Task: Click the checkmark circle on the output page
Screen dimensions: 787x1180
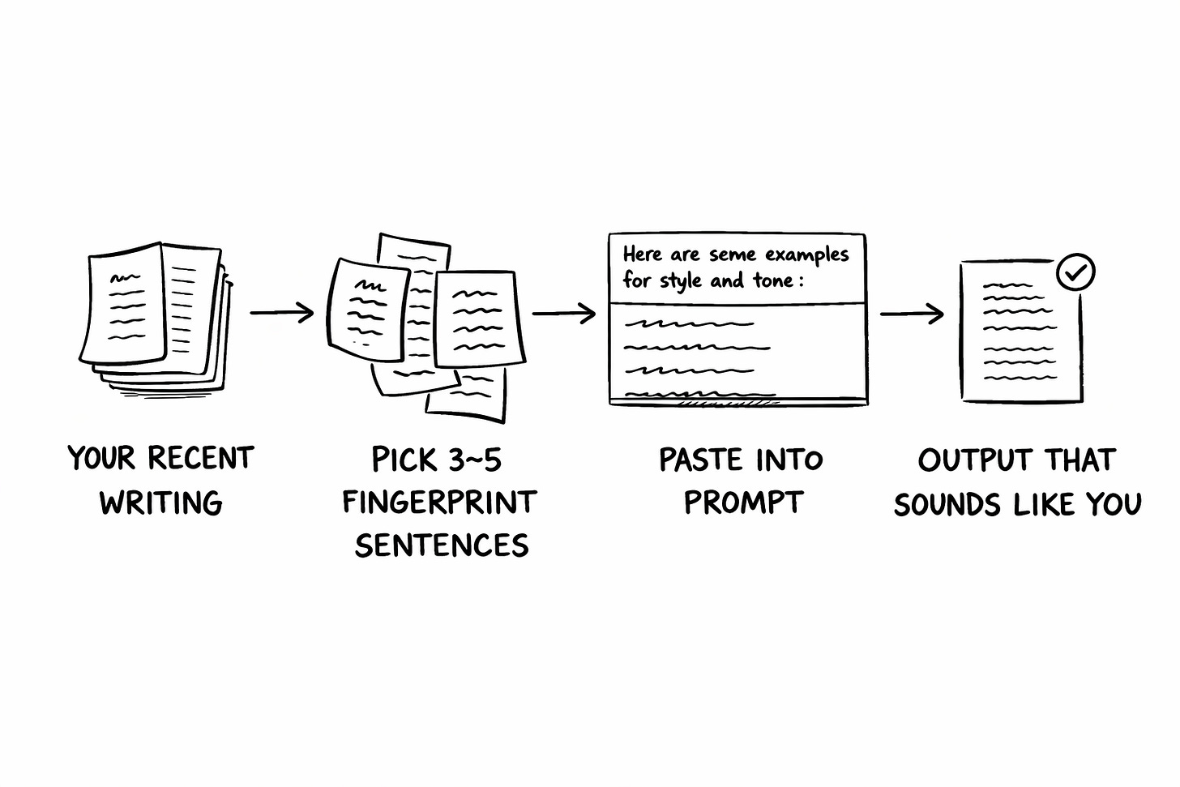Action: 1075,273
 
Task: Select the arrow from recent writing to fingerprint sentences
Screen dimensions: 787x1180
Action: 281,312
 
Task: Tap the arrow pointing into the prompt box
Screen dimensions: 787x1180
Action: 564,313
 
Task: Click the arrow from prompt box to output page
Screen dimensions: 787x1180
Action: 912,314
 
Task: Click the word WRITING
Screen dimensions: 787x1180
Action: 160,503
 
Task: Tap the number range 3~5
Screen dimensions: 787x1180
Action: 471,460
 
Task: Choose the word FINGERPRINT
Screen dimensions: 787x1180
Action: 439,503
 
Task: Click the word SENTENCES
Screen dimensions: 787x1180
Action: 442,545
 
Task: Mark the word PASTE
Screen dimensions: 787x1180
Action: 702,460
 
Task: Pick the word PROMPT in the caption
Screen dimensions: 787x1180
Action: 742,503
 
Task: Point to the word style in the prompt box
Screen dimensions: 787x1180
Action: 680,281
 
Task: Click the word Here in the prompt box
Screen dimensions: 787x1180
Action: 643,254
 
